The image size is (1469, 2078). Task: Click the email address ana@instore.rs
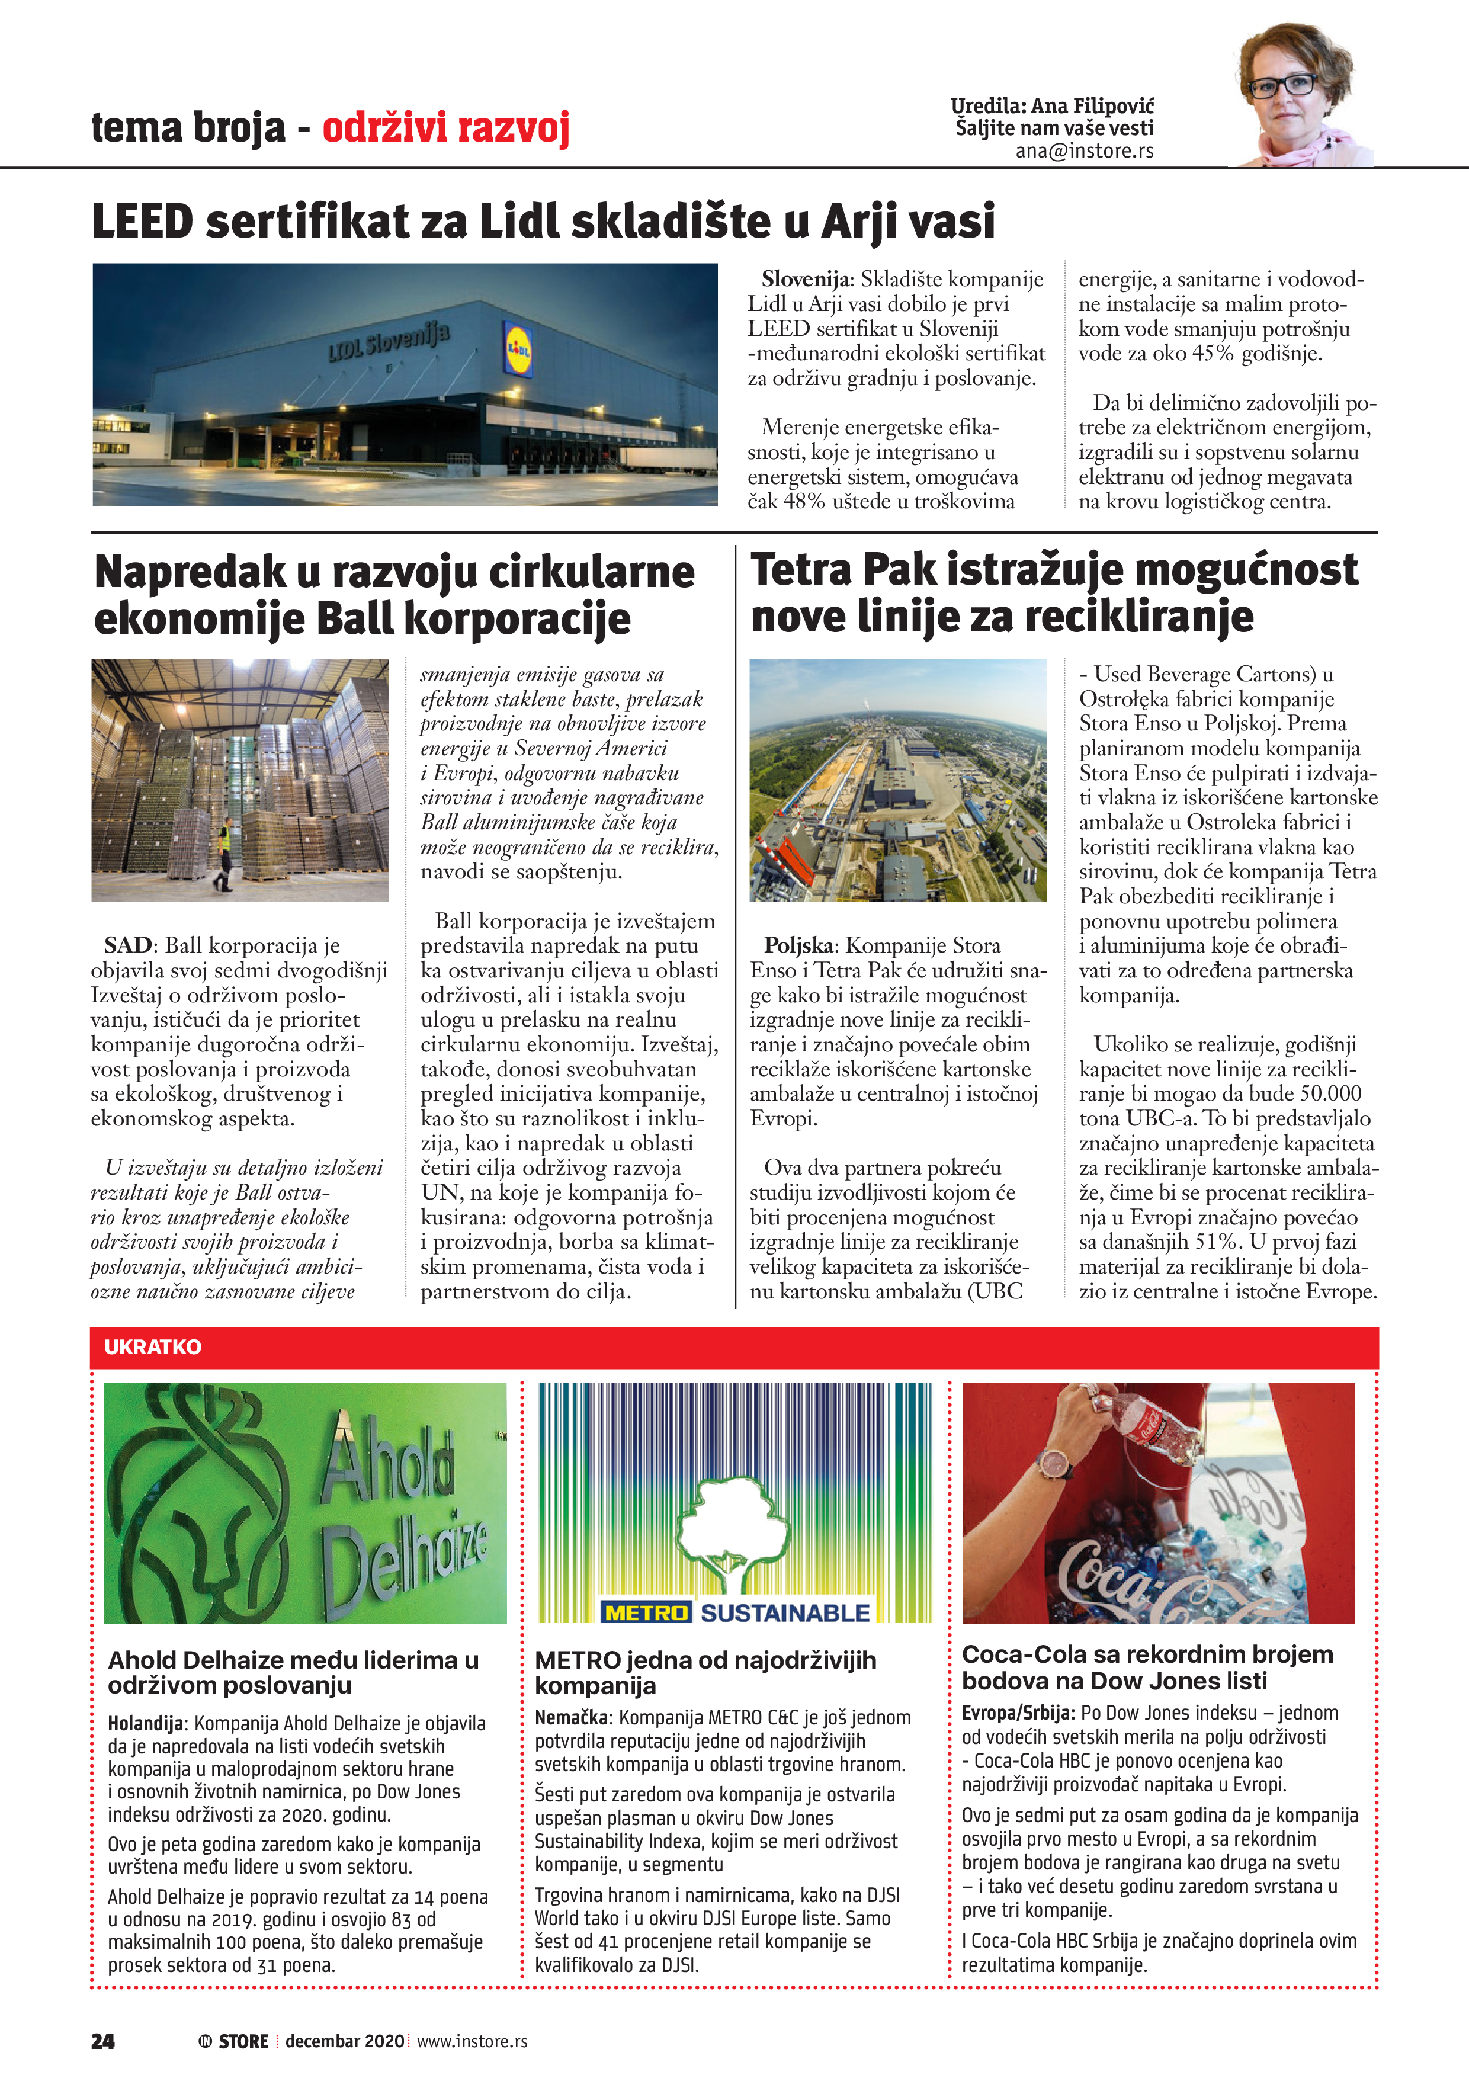point(1085,151)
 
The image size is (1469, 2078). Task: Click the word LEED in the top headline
point(143,222)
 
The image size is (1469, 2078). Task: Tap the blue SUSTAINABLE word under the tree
point(785,1613)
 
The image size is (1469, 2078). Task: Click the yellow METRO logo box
point(646,1613)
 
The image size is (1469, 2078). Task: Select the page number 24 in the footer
point(102,2041)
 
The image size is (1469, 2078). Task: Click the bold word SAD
point(127,946)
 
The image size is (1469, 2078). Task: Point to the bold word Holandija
point(145,1723)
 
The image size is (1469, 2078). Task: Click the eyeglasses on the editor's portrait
point(1282,85)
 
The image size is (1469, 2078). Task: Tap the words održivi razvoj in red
point(446,127)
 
